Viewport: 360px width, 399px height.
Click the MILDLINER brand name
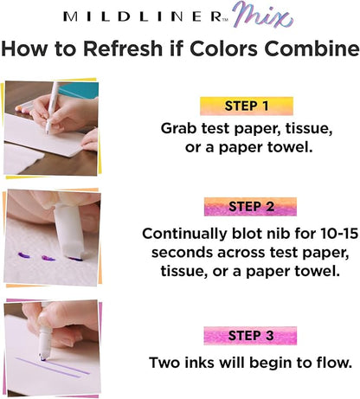point(143,16)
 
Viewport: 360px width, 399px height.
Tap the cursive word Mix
point(263,16)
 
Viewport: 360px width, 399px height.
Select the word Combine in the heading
point(312,48)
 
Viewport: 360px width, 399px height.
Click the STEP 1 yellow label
point(247,106)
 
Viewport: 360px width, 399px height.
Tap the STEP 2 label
point(250,207)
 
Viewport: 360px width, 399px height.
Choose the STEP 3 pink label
point(250,336)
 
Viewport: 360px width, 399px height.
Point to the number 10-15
point(339,233)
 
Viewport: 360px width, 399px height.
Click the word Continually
point(184,234)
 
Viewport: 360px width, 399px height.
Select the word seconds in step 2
point(183,253)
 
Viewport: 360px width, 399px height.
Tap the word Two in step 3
point(165,363)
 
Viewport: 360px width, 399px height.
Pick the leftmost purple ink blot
point(23,255)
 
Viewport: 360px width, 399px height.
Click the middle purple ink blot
point(48,258)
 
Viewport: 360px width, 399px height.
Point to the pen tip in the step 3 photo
point(43,358)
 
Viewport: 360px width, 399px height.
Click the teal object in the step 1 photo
point(80,90)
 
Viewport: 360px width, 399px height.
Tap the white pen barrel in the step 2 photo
point(69,228)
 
